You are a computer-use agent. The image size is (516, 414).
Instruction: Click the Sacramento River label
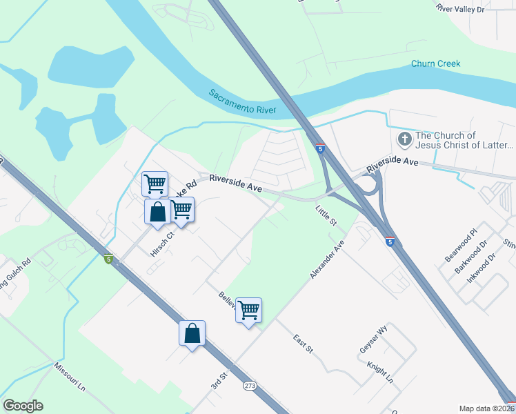[242, 101]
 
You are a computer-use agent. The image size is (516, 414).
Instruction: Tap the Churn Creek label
[435, 64]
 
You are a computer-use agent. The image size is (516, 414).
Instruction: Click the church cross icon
[404, 140]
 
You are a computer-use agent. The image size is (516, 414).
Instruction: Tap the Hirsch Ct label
[163, 243]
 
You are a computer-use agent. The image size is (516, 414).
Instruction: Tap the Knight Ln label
[379, 373]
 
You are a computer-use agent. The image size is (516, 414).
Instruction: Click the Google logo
[23, 406]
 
